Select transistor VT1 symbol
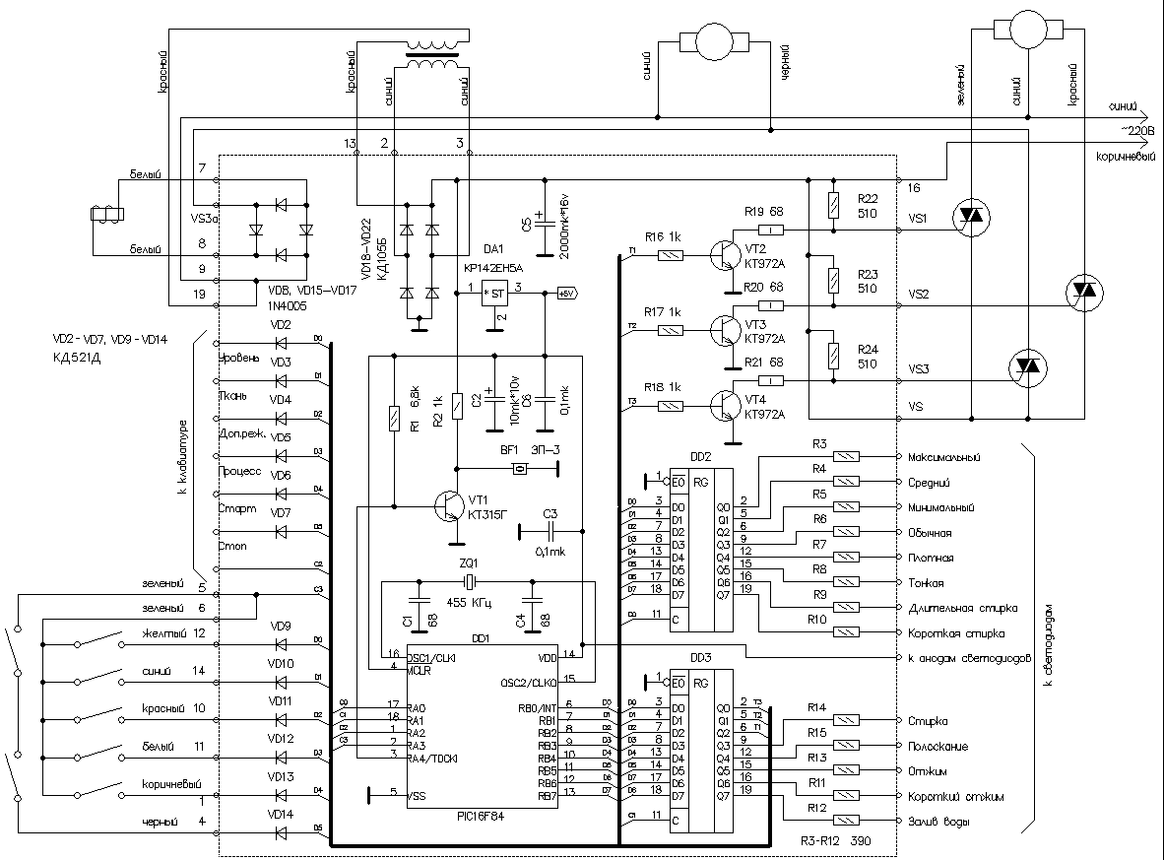pos(452,507)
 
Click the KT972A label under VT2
pos(765,264)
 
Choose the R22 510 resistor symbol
pos(834,206)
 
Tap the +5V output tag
pos(567,293)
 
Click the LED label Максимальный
pos(945,457)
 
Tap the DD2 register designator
pos(701,457)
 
